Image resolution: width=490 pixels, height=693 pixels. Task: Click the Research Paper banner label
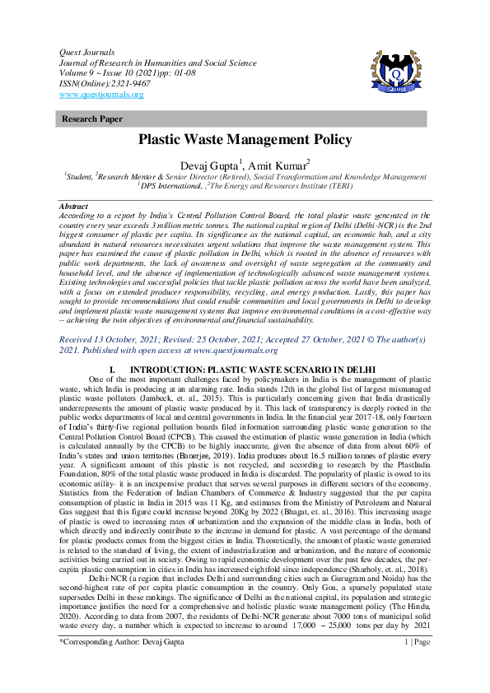pos(92,119)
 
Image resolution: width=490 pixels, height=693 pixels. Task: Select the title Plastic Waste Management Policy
pos(245,141)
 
